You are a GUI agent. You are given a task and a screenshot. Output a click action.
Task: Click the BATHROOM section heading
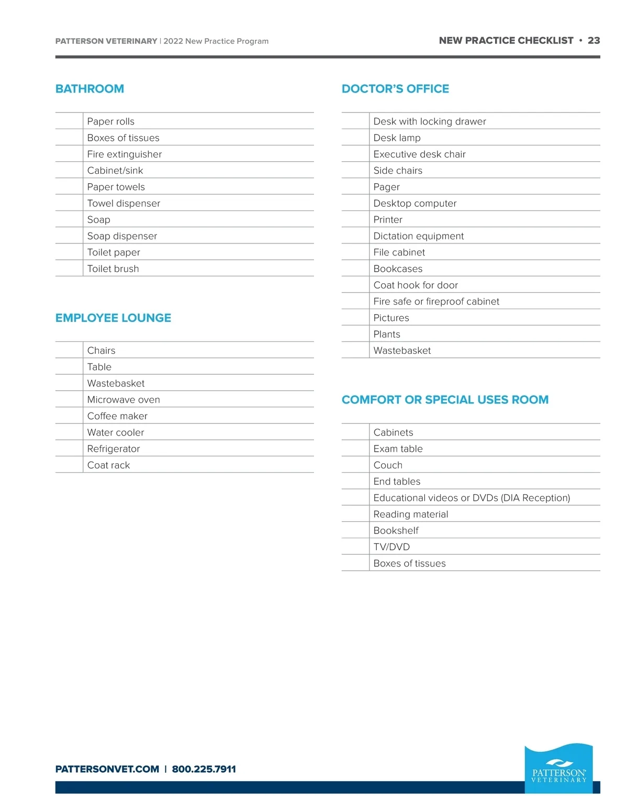(x=89, y=89)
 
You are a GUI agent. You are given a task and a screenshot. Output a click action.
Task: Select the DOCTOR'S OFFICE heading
(x=395, y=89)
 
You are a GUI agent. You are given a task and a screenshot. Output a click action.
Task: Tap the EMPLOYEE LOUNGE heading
(x=113, y=318)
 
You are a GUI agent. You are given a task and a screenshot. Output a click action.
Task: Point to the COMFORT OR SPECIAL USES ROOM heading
(x=445, y=399)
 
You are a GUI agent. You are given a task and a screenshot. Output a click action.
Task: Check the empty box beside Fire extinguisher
(x=69, y=154)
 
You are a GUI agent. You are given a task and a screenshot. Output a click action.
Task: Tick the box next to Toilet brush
(x=69, y=269)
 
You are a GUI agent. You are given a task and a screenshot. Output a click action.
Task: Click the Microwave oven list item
(x=124, y=399)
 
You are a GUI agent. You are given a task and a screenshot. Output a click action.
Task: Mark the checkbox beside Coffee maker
(x=69, y=416)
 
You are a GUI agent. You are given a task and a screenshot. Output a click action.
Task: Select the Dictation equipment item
(x=418, y=236)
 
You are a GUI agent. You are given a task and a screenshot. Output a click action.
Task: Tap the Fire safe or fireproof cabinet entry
(x=436, y=302)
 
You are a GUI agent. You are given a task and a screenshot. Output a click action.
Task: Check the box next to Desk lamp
(x=355, y=138)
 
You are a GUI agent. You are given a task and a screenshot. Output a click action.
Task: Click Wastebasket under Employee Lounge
(x=116, y=383)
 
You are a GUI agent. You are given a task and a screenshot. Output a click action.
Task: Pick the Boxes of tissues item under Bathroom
(x=123, y=138)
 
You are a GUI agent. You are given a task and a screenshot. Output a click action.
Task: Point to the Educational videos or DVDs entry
(x=471, y=498)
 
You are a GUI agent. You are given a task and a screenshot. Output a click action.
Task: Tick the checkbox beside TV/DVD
(x=355, y=547)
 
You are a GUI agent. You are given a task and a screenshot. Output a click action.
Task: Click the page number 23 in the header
(x=593, y=40)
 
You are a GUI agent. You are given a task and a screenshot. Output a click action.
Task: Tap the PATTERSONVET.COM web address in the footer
(x=107, y=769)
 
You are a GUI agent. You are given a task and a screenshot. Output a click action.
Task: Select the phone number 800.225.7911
(x=204, y=769)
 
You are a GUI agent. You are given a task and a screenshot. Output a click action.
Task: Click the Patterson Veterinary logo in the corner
(x=558, y=768)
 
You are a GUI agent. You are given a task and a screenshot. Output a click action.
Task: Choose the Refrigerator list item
(x=114, y=449)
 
